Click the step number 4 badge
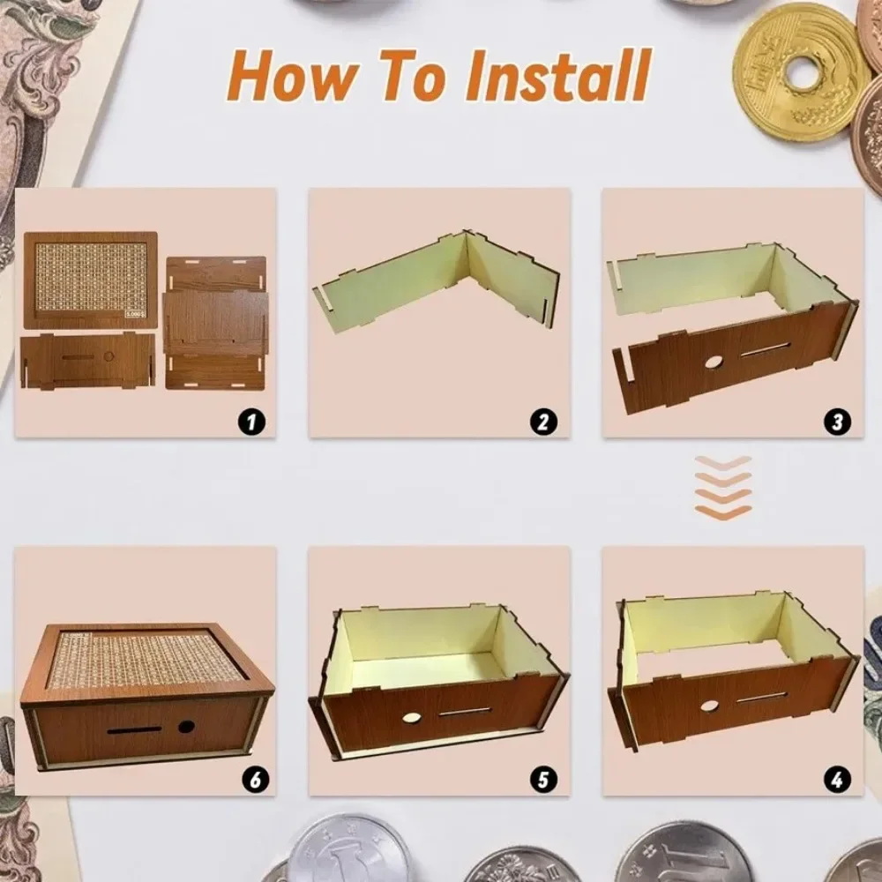[837, 780]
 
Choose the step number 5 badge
[544, 780]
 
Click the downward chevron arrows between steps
[722, 488]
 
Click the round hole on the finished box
[186, 728]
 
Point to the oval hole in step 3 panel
[710, 363]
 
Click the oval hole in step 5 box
[412, 717]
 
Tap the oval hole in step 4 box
[707, 706]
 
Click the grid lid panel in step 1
[90, 280]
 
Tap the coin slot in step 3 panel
[764, 351]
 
